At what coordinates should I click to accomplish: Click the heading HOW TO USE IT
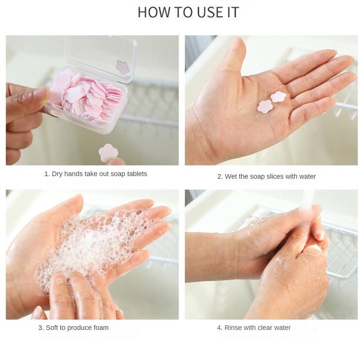point(188,12)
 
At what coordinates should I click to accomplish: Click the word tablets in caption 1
point(137,174)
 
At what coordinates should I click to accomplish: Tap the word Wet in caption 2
point(231,176)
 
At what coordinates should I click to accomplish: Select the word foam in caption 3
point(100,328)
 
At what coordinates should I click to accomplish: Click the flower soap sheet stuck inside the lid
point(123,67)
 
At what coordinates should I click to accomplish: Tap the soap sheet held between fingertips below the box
point(108,153)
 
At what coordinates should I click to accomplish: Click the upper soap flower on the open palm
point(278,97)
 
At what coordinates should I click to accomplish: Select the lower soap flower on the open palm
point(265,106)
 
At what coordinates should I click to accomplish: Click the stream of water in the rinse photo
point(308,199)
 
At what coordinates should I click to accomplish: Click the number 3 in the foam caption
point(40,328)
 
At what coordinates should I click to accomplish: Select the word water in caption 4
point(282,328)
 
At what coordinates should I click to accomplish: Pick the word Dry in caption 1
point(57,174)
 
